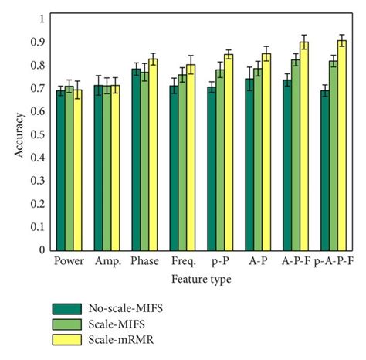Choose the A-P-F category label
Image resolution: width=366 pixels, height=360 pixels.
click(x=296, y=262)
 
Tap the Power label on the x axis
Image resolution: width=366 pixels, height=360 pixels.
click(x=69, y=262)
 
